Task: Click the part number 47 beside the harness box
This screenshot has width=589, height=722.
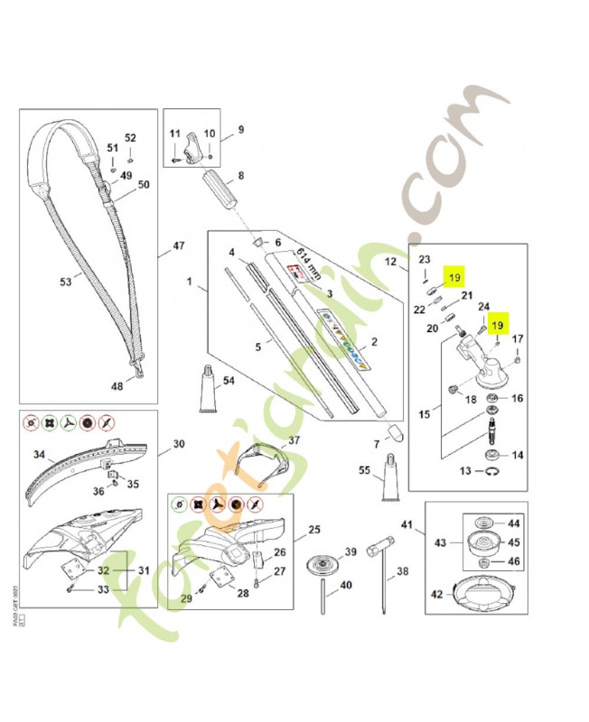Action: (178, 245)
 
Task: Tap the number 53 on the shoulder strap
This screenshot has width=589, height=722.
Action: (65, 282)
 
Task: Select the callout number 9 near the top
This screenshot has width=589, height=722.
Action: (241, 129)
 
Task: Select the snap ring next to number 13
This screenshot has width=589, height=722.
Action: (491, 472)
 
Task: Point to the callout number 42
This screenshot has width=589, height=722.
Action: (437, 595)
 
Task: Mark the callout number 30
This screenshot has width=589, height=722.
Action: (178, 444)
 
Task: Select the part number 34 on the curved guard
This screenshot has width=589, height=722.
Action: (39, 454)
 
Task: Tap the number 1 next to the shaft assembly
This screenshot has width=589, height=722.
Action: (190, 282)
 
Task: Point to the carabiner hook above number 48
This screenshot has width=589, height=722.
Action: (140, 367)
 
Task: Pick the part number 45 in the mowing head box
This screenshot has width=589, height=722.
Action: (514, 542)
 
